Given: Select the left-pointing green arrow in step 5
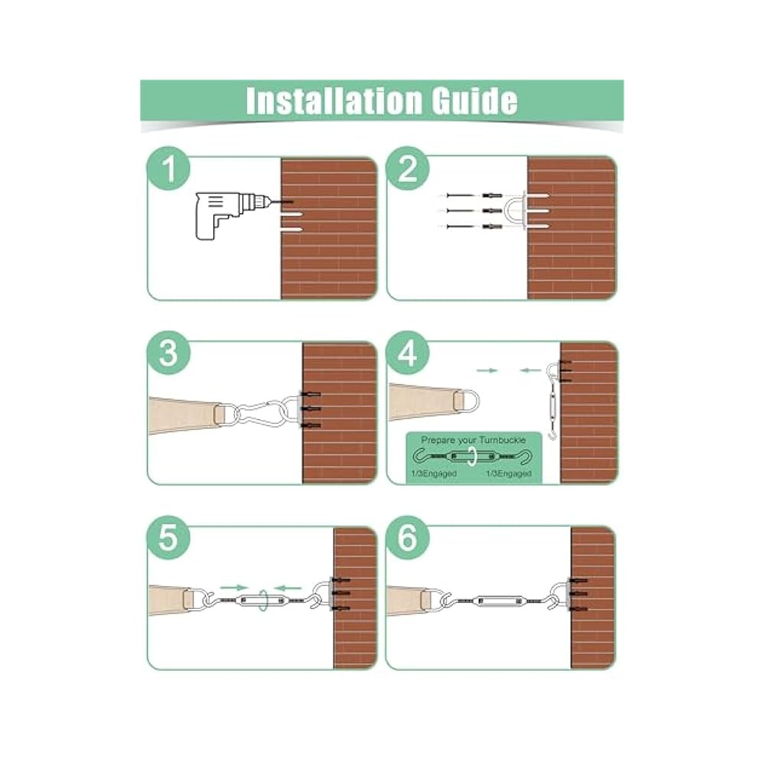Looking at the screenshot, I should coord(287,587).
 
